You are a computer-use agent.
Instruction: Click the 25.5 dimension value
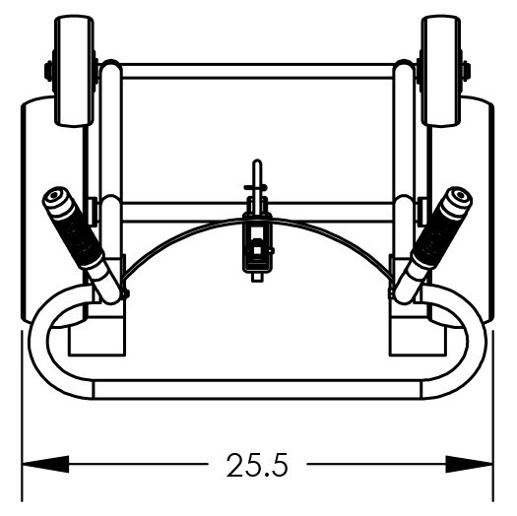[257, 465]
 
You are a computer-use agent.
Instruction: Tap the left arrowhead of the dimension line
[45, 464]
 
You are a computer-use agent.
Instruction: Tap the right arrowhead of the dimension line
[469, 464]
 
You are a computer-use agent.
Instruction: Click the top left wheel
[75, 71]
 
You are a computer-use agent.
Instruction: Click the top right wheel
[441, 71]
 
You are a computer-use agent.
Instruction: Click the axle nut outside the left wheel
[48, 71]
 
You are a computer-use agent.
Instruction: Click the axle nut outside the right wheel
[467, 71]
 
